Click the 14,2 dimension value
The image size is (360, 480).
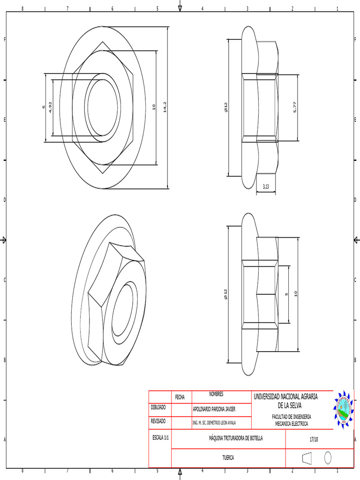pyautogui.click(x=165, y=107)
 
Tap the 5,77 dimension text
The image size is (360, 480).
pyautogui.click(x=295, y=107)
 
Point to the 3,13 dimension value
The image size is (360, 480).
pyautogui.click(x=266, y=187)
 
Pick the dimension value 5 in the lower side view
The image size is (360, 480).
pyautogui.click(x=286, y=294)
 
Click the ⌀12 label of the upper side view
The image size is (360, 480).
pyautogui.click(x=225, y=107)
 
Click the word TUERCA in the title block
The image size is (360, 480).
pyautogui.click(x=228, y=457)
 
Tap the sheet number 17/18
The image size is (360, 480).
pyautogui.click(x=314, y=439)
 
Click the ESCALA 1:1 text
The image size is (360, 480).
pyautogui.click(x=160, y=437)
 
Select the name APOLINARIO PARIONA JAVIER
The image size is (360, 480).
pyautogui.click(x=214, y=409)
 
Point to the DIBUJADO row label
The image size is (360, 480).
pyautogui.click(x=158, y=407)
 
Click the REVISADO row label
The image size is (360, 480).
pyautogui.click(x=158, y=421)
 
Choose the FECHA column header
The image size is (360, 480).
pyautogui.click(x=180, y=397)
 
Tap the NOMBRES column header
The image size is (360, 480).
pyautogui.click(x=216, y=394)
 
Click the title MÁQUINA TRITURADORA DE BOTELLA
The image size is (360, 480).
pyautogui.click(x=236, y=438)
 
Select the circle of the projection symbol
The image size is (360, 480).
pyautogui.click(x=328, y=457)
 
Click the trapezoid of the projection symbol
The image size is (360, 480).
pyautogui.click(x=307, y=457)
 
